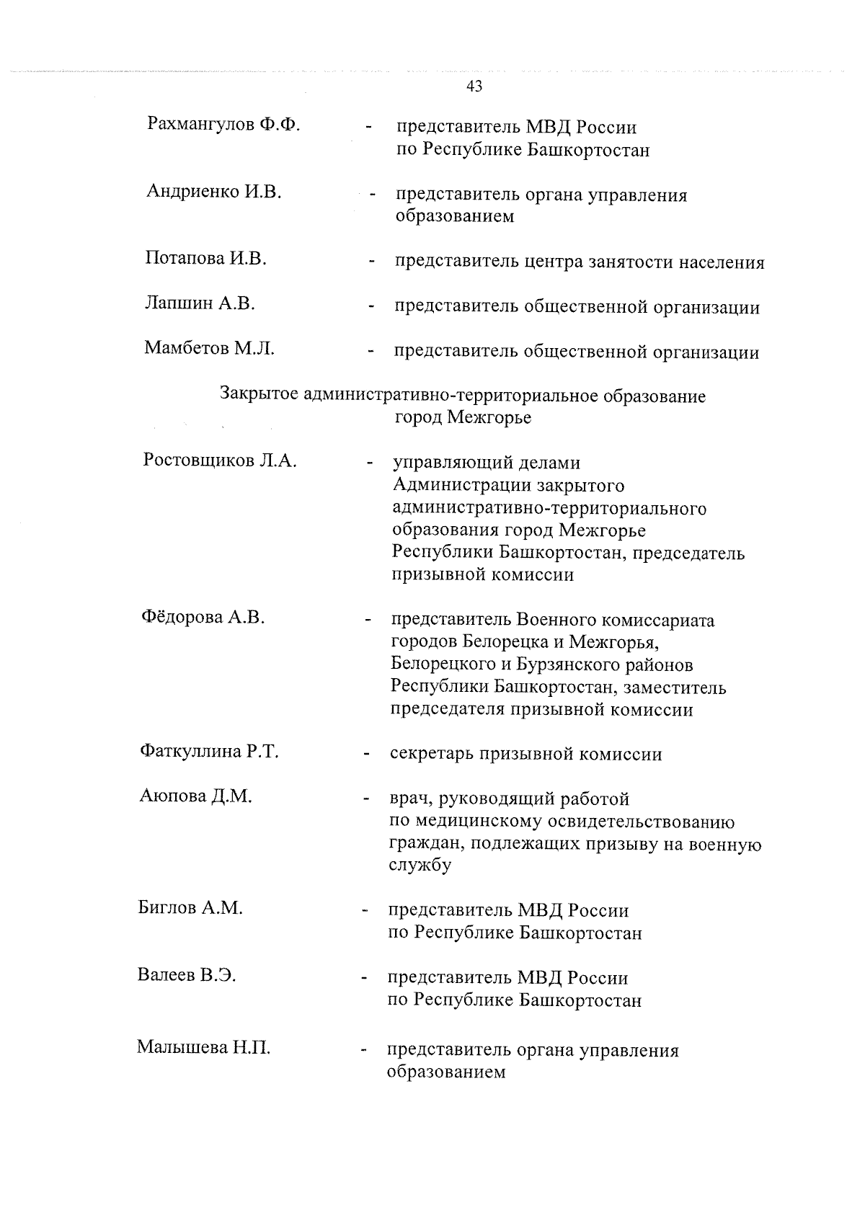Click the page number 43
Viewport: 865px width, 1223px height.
click(474, 86)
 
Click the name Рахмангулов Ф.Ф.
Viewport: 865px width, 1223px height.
click(223, 125)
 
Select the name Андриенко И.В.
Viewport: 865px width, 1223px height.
click(214, 192)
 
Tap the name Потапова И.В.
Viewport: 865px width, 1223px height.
click(205, 259)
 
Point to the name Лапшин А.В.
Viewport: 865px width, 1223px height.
click(200, 303)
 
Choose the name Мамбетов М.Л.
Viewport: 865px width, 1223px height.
click(209, 349)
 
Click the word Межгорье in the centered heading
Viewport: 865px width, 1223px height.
click(489, 418)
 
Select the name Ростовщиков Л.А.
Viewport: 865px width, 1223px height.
click(220, 461)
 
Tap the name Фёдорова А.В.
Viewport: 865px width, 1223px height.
click(203, 617)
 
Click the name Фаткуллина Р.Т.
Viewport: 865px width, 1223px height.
click(209, 752)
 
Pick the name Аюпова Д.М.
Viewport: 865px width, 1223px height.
click(195, 796)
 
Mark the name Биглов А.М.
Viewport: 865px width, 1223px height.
click(190, 908)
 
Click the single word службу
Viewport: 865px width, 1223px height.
click(420, 866)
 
